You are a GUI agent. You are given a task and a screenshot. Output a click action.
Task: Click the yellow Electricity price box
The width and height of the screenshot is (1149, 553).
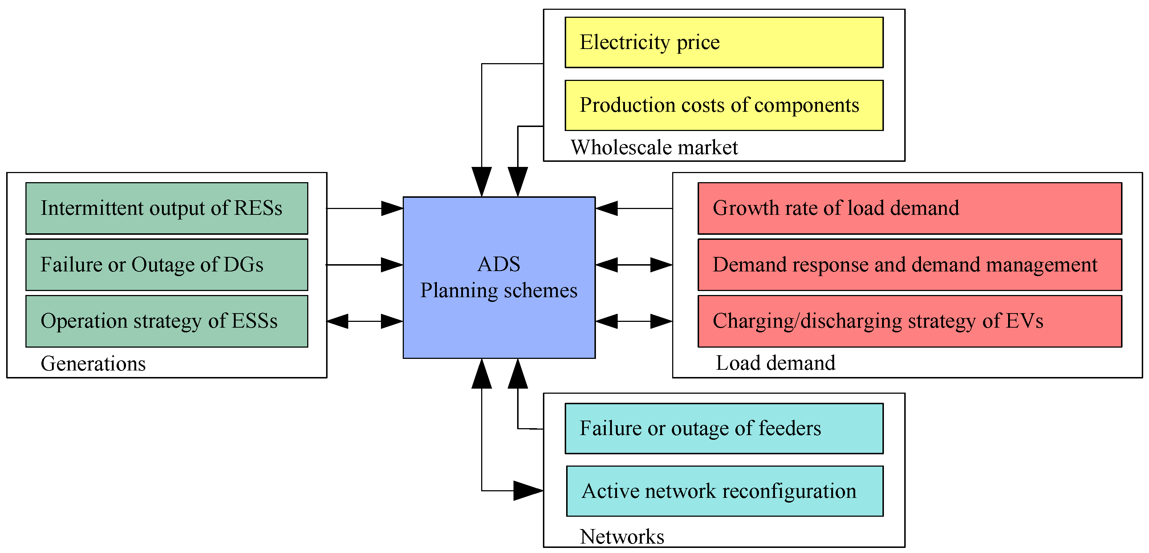723,42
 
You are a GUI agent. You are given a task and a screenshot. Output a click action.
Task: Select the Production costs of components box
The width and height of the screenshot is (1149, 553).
723,105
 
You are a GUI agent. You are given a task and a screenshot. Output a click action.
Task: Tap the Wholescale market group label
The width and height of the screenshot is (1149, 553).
654,147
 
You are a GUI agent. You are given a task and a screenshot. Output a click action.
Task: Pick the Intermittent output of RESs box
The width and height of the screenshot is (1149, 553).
166,208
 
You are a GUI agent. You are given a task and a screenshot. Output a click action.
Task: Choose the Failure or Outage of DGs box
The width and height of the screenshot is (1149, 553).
166,265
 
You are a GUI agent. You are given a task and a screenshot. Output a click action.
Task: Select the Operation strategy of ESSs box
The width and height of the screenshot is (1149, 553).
166,321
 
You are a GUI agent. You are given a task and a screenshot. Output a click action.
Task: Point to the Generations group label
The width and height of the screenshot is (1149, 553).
93,364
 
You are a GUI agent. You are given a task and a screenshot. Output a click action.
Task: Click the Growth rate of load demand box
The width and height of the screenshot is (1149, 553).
909,208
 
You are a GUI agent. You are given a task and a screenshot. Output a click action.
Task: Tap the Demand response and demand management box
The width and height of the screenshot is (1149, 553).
909,265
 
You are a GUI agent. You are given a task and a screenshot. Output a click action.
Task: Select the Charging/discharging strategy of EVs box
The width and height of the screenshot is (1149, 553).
909,321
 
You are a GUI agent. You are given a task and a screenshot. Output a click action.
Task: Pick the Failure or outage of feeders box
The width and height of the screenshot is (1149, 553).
723,428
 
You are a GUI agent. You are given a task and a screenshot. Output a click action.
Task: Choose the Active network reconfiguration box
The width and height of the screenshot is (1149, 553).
724,491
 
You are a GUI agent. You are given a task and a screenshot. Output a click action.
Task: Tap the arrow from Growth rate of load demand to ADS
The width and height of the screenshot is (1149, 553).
633,208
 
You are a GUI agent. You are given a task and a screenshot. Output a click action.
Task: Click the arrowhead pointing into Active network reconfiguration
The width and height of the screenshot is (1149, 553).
528,491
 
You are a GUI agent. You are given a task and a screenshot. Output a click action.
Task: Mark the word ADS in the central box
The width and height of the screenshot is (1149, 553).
499,264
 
